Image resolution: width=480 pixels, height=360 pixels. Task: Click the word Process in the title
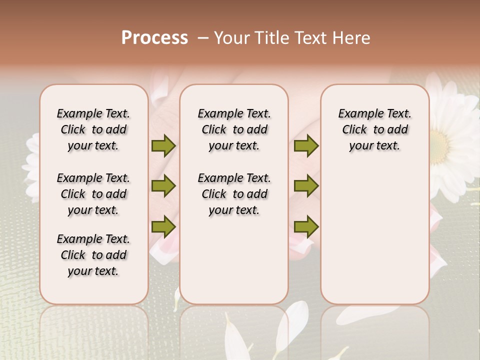(x=154, y=38)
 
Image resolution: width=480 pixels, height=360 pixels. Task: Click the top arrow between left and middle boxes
(x=163, y=146)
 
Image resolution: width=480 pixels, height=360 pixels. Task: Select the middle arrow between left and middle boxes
(x=163, y=186)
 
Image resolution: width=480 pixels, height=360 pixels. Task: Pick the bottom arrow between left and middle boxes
(x=163, y=226)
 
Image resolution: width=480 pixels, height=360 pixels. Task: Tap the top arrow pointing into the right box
(x=306, y=146)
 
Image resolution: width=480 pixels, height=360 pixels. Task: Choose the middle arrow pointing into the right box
(x=306, y=186)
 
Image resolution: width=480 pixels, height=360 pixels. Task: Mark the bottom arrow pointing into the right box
(x=306, y=226)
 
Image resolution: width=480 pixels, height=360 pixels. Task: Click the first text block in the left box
(x=93, y=129)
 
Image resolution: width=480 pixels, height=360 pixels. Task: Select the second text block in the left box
(x=93, y=194)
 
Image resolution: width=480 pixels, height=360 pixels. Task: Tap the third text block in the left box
(x=93, y=255)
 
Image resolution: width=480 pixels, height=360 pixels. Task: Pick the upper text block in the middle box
(x=234, y=129)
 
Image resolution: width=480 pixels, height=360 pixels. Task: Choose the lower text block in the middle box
(x=234, y=194)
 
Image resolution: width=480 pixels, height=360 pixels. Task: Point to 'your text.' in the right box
(x=374, y=146)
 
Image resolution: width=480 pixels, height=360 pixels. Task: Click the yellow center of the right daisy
(x=441, y=142)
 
